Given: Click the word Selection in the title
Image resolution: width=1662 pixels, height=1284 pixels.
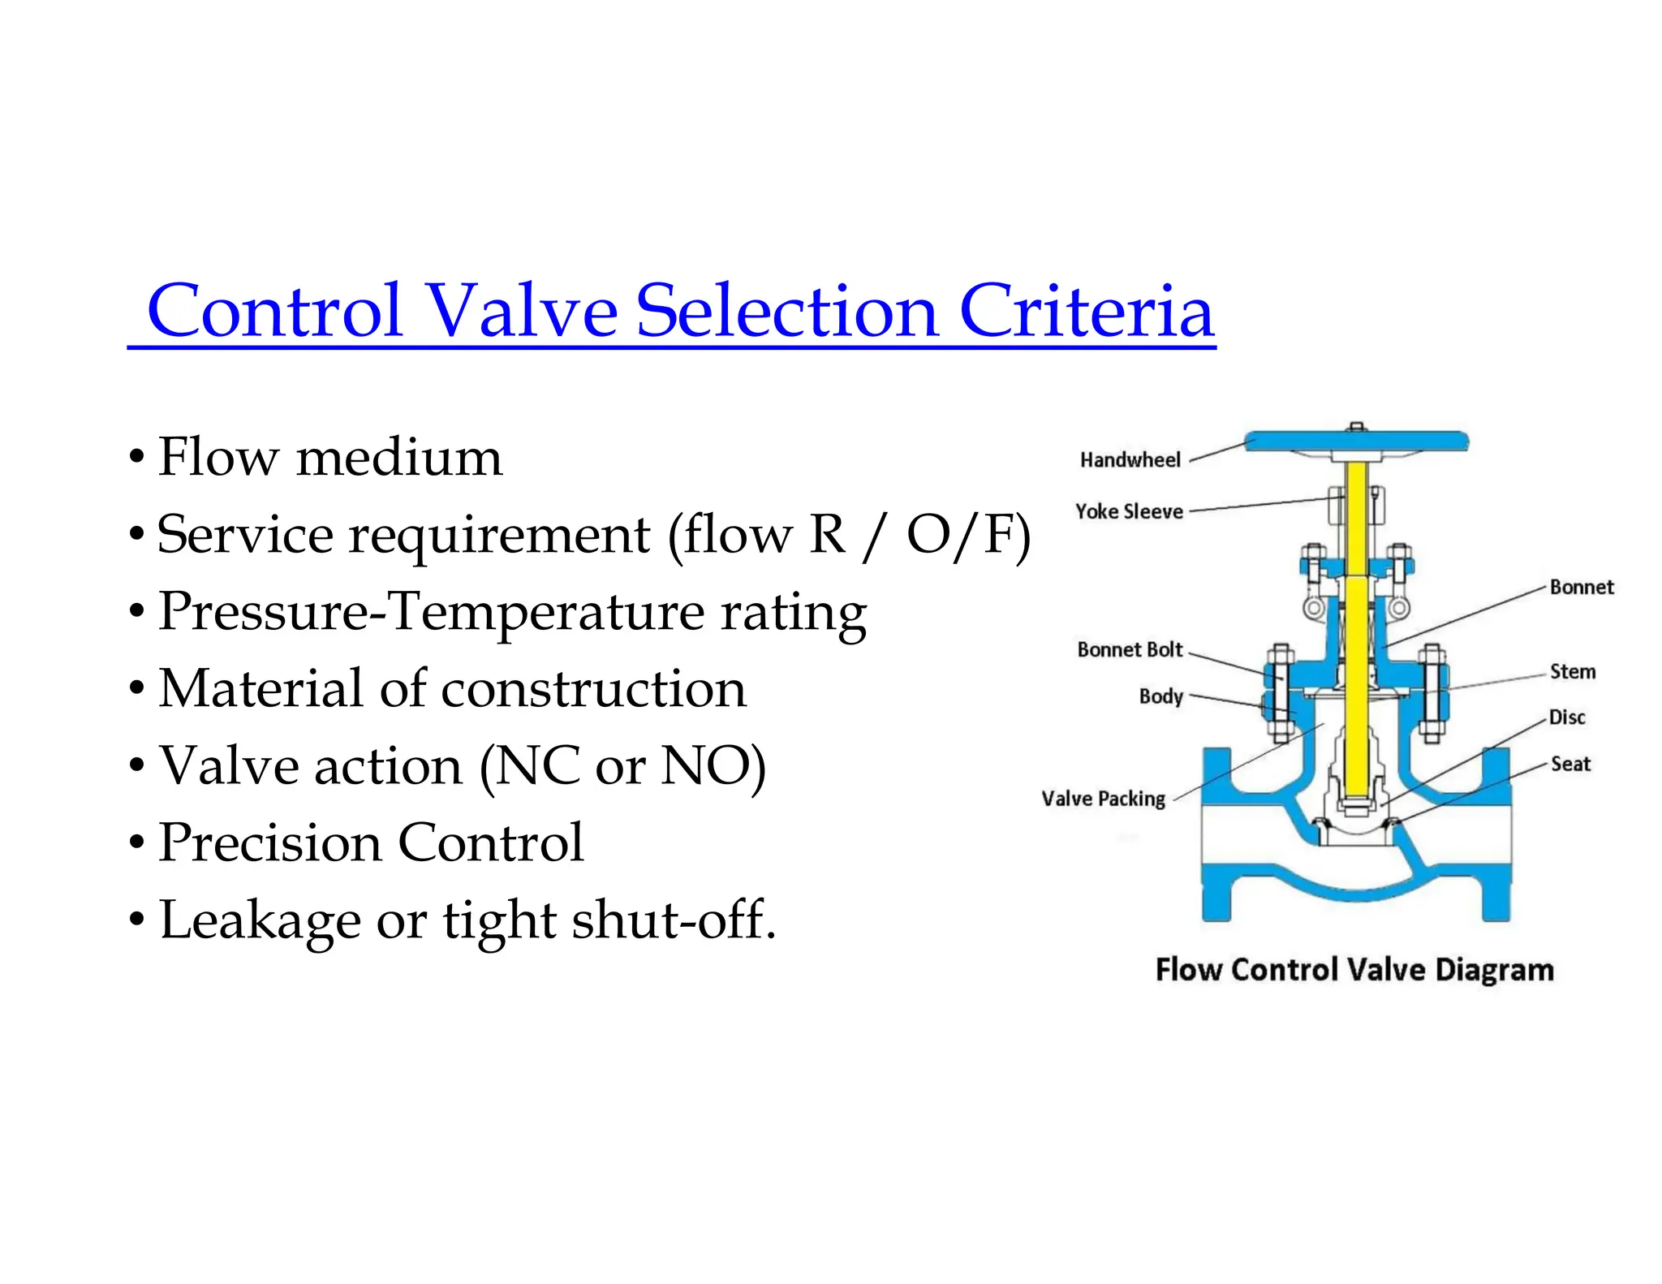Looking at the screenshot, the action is [786, 312].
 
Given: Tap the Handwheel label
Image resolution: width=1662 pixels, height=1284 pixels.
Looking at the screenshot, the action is [1130, 460].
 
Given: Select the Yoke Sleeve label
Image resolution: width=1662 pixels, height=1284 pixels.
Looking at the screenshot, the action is [1129, 512].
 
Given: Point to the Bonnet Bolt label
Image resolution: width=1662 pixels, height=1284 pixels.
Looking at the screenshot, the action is [1130, 650].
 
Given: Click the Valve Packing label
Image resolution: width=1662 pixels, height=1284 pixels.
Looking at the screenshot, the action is [1103, 799].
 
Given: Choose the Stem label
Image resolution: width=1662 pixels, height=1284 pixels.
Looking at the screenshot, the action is [1572, 672].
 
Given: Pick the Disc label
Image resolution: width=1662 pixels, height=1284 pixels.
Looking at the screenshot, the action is [1566, 717].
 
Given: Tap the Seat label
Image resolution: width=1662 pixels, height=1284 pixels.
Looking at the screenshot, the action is [1570, 765].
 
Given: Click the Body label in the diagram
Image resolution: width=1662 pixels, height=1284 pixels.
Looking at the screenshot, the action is [1160, 697].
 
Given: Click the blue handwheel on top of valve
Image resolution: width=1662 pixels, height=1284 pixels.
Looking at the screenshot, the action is [1356, 442].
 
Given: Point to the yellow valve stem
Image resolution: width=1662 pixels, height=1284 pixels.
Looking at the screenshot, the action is [1356, 649].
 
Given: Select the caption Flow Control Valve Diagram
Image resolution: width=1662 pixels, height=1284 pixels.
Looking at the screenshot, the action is [1354, 971].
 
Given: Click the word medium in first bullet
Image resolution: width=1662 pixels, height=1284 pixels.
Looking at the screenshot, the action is [399, 458].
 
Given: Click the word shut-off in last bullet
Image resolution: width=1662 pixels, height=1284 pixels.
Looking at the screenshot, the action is [674, 920].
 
